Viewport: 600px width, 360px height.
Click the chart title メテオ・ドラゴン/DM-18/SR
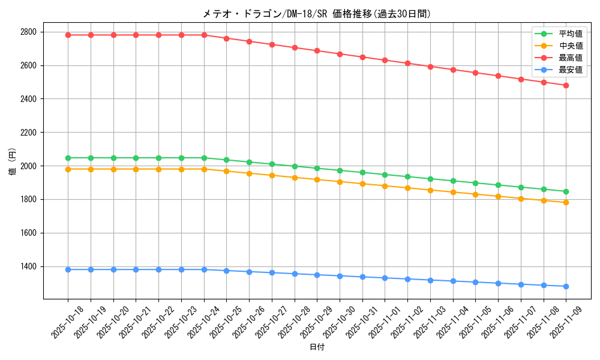[x=316, y=14]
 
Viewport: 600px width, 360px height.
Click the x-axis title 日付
[x=317, y=347]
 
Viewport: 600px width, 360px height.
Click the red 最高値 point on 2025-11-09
[x=566, y=85]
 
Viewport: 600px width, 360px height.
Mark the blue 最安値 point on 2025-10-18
[x=68, y=269]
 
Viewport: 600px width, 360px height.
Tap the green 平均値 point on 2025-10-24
[x=204, y=158]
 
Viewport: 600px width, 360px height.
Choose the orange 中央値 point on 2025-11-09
[x=566, y=202]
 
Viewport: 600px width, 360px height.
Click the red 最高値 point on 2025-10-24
[x=204, y=35]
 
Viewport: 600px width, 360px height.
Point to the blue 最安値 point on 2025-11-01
[x=385, y=278]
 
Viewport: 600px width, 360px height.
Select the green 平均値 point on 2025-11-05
[x=475, y=183]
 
